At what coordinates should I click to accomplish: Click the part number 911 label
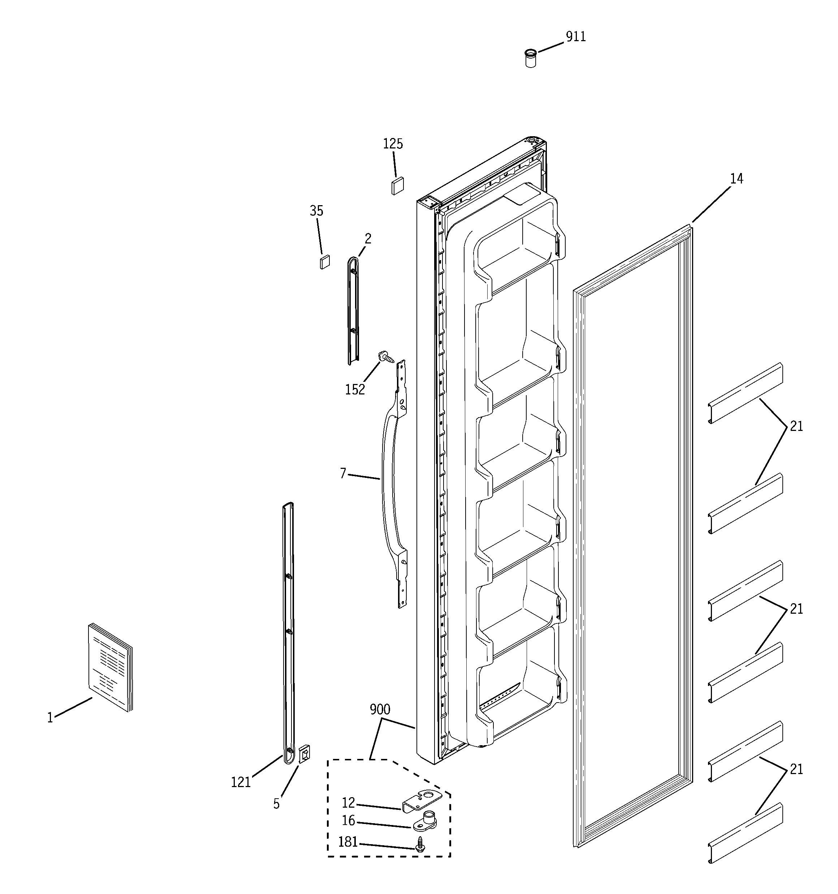click(x=575, y=37)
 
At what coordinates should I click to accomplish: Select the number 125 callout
click(x=393, y=144)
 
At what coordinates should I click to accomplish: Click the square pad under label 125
click(x=397, y=186)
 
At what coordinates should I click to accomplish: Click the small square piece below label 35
click(x=324, y=262)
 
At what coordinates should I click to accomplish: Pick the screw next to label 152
click(x=386, y=357)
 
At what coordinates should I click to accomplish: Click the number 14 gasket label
click(x=737, y=179)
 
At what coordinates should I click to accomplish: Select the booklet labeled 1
click(x=110, y=668)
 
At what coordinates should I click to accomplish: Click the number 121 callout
click(x=241, y=782)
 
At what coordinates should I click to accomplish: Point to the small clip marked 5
click(x=304, y=754)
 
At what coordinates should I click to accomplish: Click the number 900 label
click(x=380, y=710)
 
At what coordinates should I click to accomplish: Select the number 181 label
click(x=348, y=842)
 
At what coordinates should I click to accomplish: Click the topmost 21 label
click(x=796, y=426)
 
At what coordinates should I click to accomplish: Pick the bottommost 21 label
click(x=796, y=769)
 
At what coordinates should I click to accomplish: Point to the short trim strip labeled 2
click(x=354, y=310)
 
